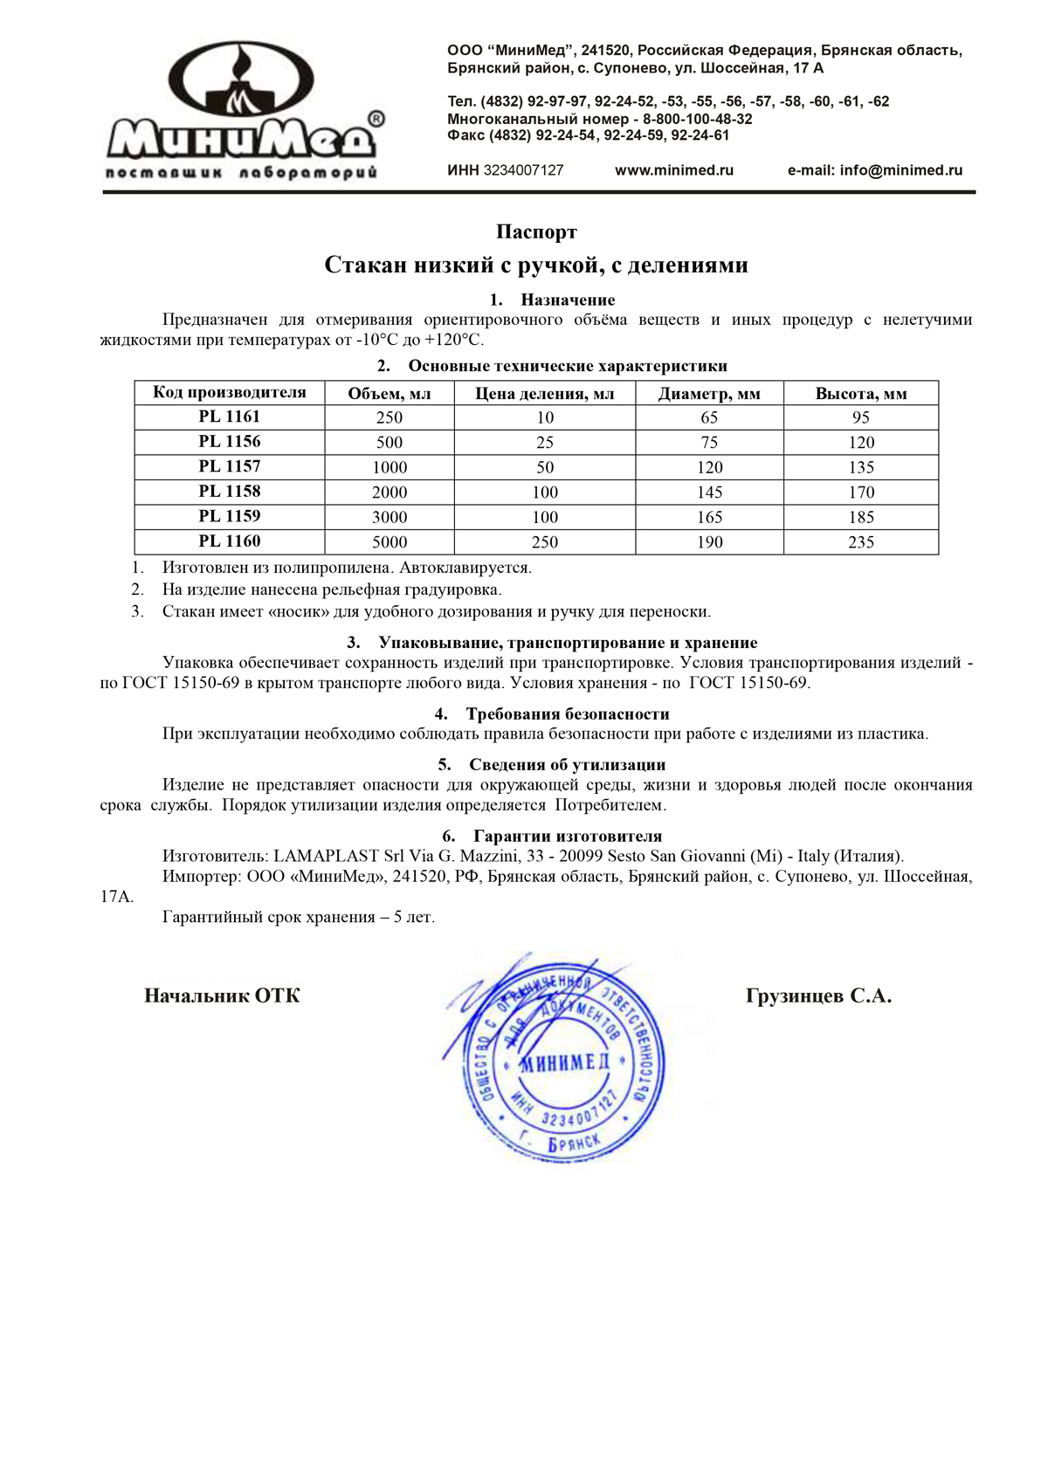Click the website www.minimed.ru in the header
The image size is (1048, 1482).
(673, 170)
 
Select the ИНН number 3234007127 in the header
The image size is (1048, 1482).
(523, 170)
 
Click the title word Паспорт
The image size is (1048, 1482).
(536, 232)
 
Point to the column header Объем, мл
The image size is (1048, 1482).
(390, 394)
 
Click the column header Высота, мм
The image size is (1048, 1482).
(861, 394)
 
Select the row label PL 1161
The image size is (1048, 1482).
(230, 417)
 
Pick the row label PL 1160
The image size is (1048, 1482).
(230, 541)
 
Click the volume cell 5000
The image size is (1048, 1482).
(390, 542)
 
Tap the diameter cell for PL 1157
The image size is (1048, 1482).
(709, 467)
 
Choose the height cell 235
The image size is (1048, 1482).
(861, 542)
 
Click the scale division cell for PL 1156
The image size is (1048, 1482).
(545, 443)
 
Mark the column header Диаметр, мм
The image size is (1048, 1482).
(709, 394)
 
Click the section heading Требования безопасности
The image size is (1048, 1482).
(567, 714)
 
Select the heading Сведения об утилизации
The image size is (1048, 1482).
(567, 765)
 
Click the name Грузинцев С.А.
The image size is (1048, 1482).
(818, 996)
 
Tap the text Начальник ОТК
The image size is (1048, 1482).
(222, 996)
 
